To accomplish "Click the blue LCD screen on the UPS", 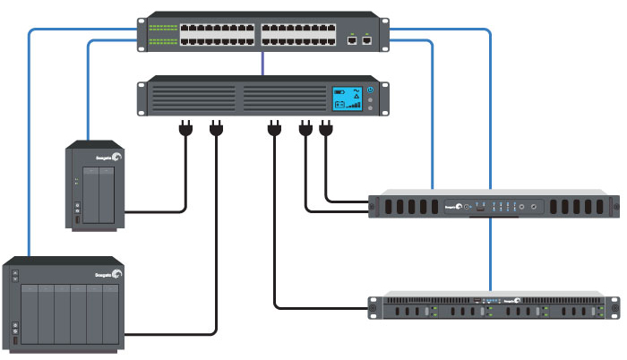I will (x=346, y=99).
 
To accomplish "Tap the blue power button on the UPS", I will (x=370, y=90).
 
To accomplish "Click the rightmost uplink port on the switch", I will (x=367, y=39).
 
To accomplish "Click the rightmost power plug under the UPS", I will (x=324, y=130).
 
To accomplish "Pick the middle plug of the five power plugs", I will (x=272, y=130).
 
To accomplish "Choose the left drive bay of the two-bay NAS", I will (x=90, y=195).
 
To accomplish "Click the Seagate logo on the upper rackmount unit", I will (x=456, y=209).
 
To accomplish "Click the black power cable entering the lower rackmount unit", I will (x=322, y=309).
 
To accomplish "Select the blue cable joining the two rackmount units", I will (x=491, y=260).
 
